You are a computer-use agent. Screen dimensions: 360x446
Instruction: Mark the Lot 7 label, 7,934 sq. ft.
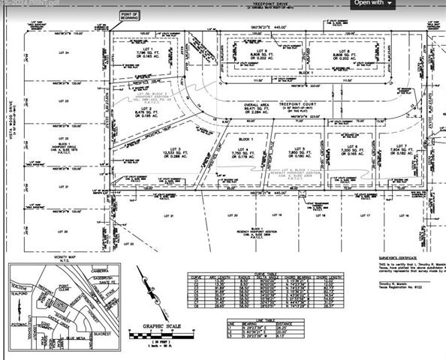[x=403, y=153]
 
